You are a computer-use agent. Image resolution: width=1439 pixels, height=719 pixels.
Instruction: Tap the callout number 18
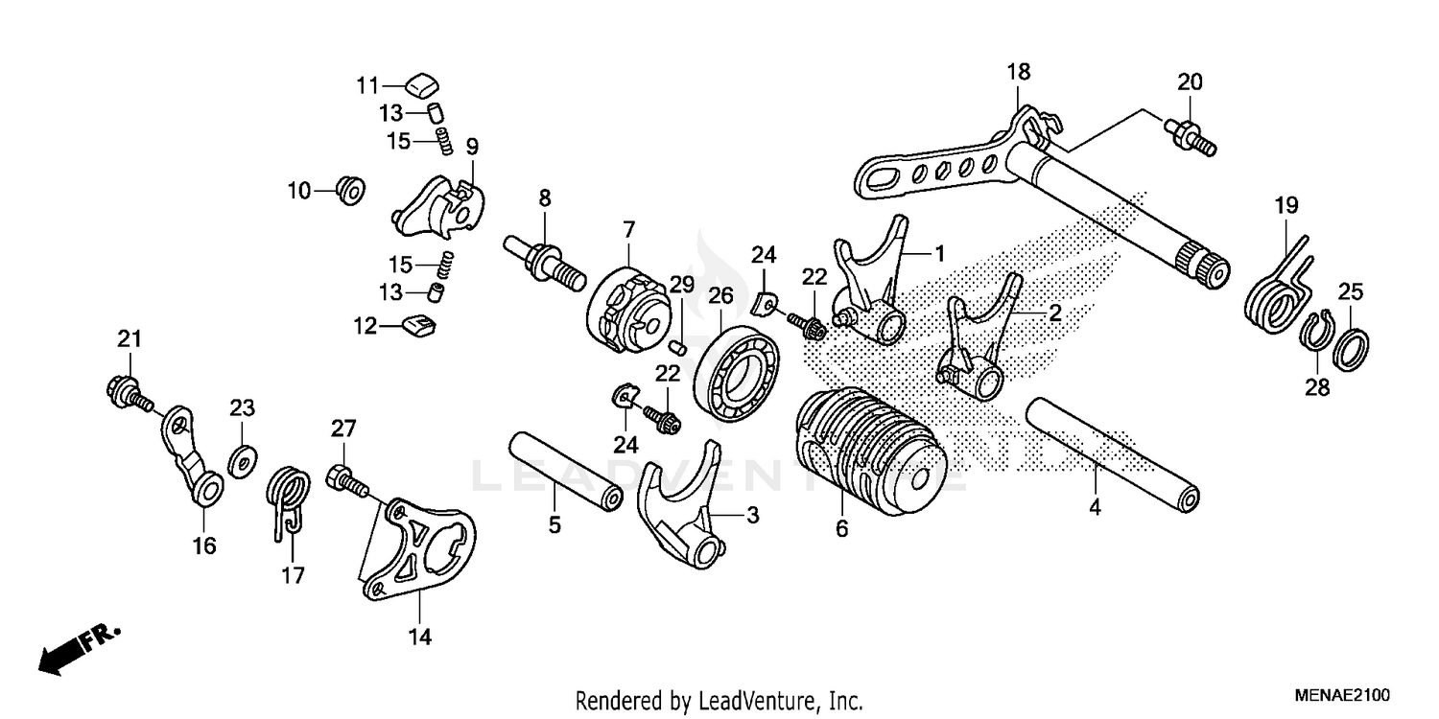coord(1018,72)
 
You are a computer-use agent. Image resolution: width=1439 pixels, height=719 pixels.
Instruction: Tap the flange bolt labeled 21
coord(124,391)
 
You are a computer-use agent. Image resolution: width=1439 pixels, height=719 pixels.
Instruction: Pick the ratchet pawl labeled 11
coord(419,84)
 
